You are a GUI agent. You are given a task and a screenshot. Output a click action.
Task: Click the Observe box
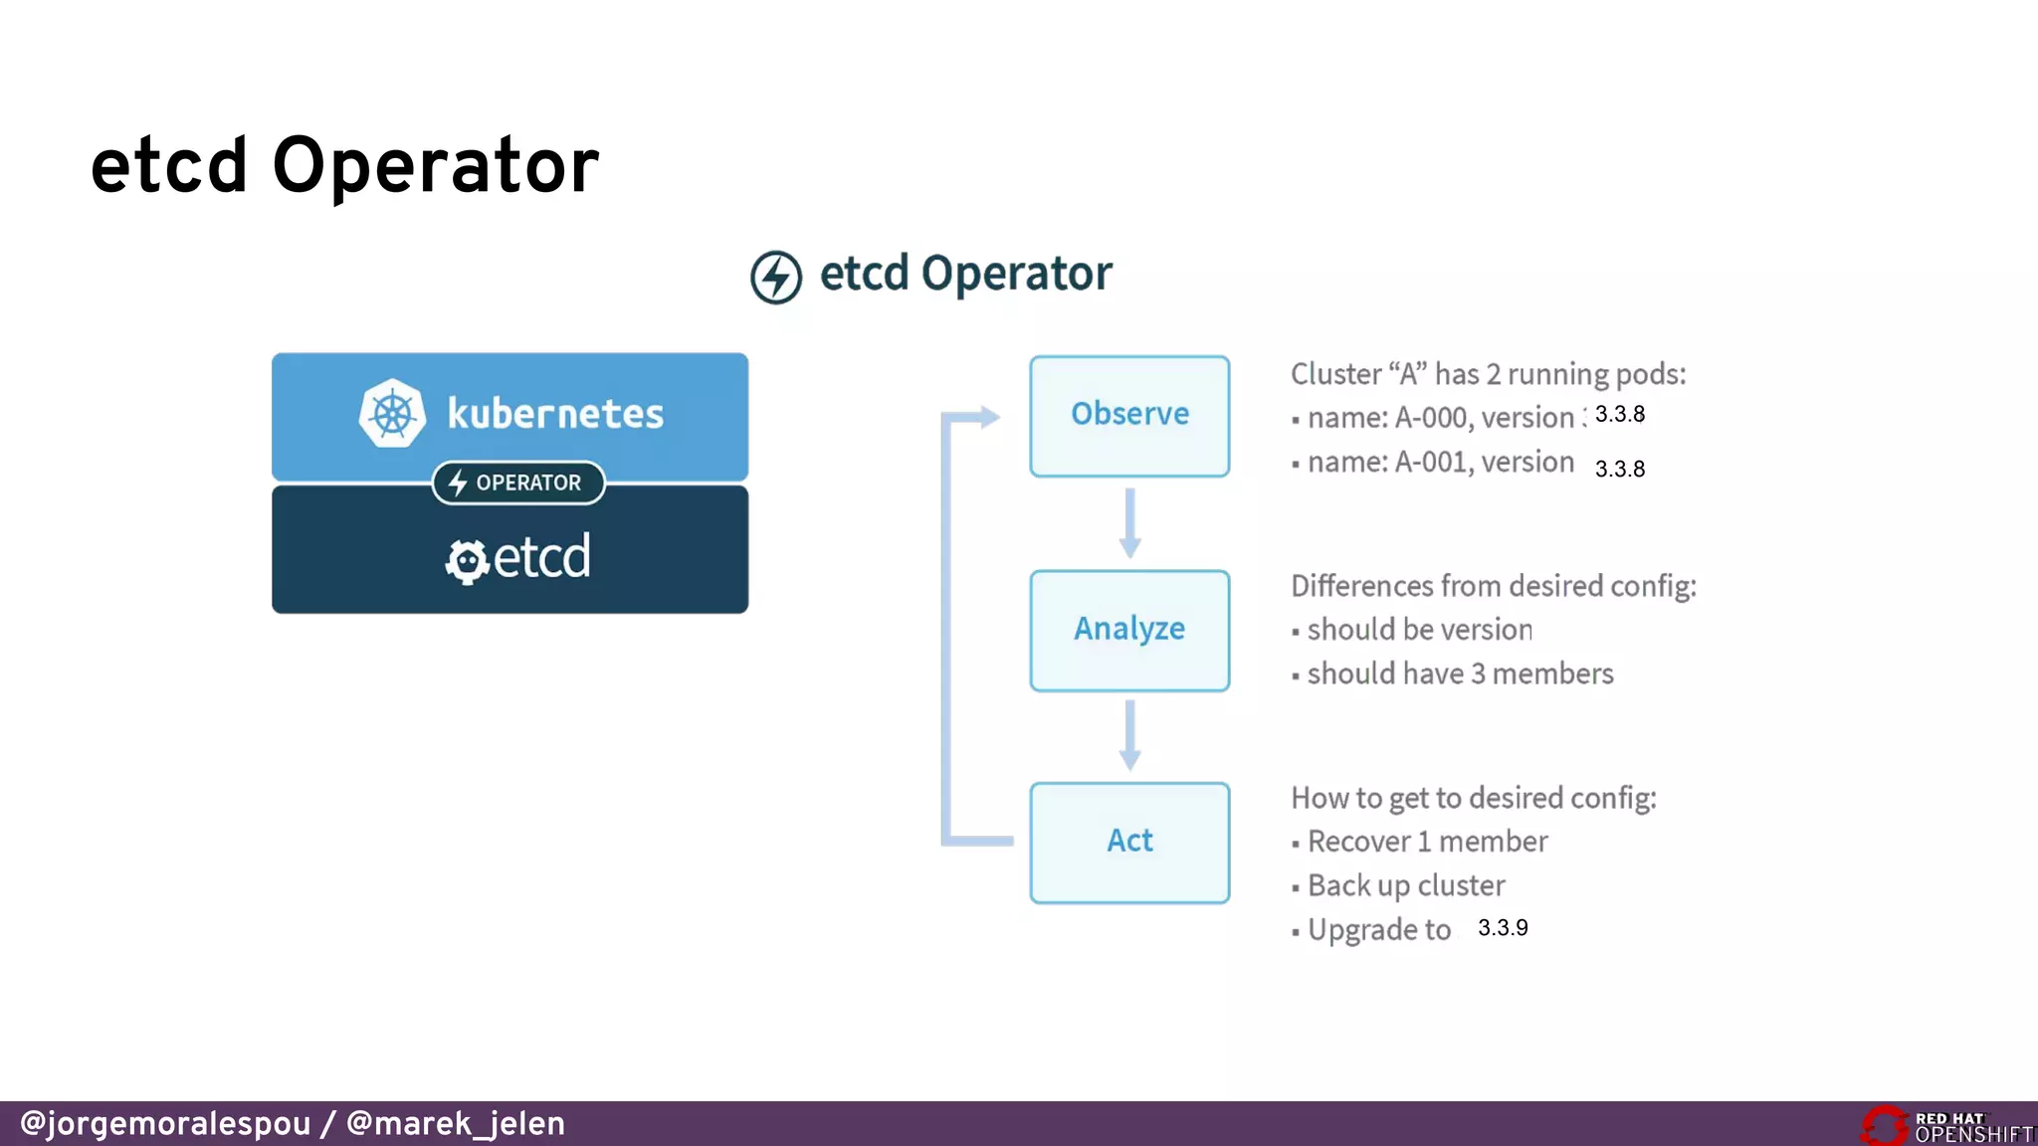tap(1129, 416)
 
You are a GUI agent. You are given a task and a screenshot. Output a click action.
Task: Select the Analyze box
tap(1129, 630)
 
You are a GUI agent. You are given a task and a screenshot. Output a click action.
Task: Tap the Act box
tap(1129, 843)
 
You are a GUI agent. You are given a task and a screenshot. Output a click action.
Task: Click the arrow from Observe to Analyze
tap(1129, 523)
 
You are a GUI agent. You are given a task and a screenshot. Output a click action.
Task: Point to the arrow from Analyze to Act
tap(1129, 735)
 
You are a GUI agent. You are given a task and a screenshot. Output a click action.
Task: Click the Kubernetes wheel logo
tap(392, 414)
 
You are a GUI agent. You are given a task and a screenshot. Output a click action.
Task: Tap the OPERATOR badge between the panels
tap(518, 482)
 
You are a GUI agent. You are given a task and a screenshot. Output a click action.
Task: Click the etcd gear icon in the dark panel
tap(466, 561)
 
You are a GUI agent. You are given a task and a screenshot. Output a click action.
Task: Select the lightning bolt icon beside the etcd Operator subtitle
tap(776, 277)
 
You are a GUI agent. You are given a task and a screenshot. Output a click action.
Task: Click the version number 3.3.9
tap(1503, 928)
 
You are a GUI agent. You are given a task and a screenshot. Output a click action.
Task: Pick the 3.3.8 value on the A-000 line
tap(1619, 415)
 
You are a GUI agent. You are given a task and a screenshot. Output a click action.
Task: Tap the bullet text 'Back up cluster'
tap(1405, 885)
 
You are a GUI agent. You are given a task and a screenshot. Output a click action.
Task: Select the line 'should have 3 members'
tap(1459, 674)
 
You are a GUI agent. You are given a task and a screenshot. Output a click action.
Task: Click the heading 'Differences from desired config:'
tap(1493, 586)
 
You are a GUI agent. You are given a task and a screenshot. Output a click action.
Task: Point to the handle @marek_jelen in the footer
tap(455, 1123)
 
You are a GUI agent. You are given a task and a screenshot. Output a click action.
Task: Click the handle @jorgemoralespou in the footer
tap(165, 1123)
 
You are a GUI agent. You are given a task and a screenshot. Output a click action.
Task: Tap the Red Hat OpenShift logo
tap(1945, 1126)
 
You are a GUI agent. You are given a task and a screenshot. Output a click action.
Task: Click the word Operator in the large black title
tap(435, 166)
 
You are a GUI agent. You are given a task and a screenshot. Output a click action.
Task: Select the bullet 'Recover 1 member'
tap(1427, 842)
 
